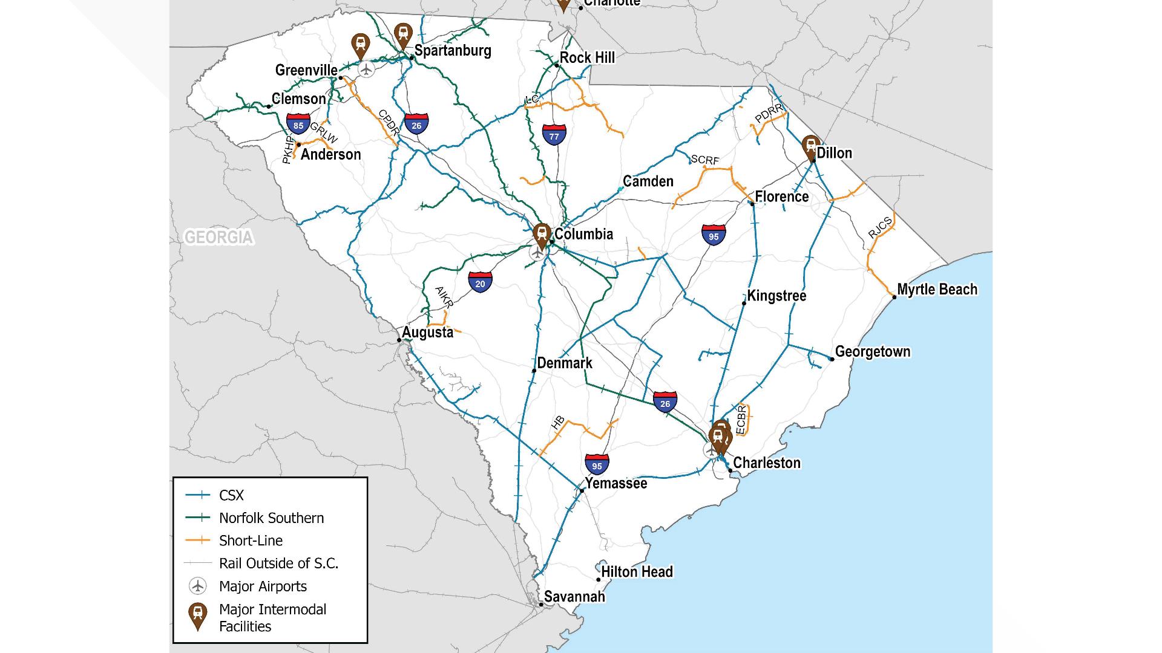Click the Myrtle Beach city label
click(937, 290)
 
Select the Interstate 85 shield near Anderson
click(298, 125)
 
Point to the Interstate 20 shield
click(480, 282)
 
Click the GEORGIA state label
click(218, 237)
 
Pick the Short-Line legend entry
click(251, 541)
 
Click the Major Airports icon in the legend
click(197, 586)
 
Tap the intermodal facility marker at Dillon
click(810, 147)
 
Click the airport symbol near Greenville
click(366, 70)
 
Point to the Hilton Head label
click(637, 572)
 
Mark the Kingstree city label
click(776, 296)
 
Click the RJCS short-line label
click(880, 227)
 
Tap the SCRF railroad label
click(705, 160)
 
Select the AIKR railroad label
click(444, 297)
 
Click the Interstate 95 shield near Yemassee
click(597, 464)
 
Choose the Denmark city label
click(565, 363)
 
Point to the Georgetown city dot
click(832, 359)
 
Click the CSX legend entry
click(231, 496)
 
